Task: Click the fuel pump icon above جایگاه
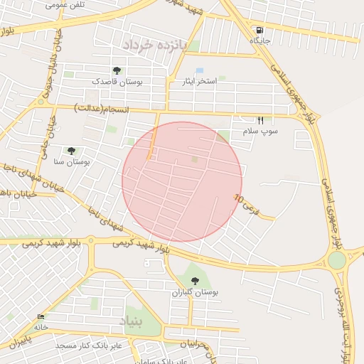coord(259,30)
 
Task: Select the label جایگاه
coord(260,41)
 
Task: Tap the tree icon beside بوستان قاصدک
coord(116,70)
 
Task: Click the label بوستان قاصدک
coord(117,82)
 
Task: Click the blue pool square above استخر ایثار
coord(199,70)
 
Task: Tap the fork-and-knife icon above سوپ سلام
coord(260,120)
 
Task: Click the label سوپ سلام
coord(260,132)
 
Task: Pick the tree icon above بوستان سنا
coord(71,151)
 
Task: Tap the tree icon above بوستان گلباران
coord(195,281)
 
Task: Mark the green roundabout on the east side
coord(336,260)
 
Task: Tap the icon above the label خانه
coord(40,317)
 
